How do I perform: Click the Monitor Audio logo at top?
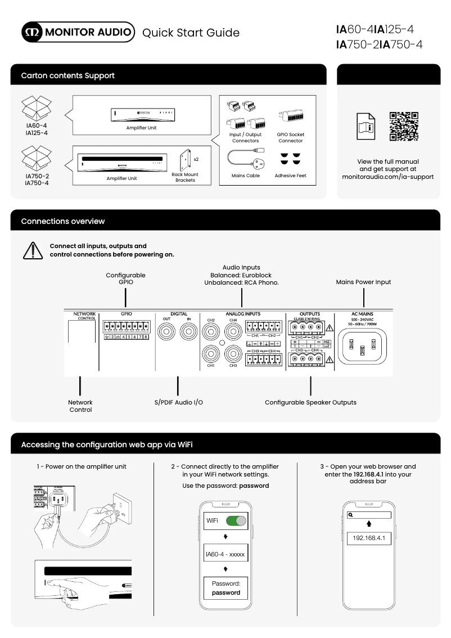[x=78, y=32]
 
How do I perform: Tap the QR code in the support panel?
[x=404, y=126]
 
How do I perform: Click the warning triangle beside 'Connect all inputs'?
[x=33, y=250]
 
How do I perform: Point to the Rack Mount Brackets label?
[x=185, y=178]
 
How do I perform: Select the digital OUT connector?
[x=166, y=334]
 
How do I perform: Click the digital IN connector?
[x=190, y=334]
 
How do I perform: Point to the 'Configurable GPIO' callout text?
[x=125, y=278]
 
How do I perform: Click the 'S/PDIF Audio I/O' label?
[x=178, y=402]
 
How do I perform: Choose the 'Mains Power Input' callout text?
[x=363, y=282]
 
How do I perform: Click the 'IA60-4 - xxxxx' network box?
[x=225, y=554]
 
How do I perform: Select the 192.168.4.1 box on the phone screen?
[x=368, y=538]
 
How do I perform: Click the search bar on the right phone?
[x=368, y=515]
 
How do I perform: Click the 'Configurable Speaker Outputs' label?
[x=310, y=402]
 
